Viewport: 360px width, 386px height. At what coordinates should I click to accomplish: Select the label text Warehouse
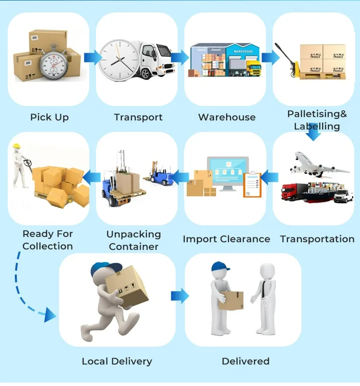click(227, 117)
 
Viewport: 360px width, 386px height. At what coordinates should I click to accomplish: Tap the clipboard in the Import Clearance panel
click(252, 184)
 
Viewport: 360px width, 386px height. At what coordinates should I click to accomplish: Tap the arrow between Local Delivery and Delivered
click(180, 296)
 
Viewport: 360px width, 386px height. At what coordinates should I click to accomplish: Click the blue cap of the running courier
click(103, 268)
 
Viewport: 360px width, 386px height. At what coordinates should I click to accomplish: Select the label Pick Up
click(49, 117)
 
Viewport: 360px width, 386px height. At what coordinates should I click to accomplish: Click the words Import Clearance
click(226, 239)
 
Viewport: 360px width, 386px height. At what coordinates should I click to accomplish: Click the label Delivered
click(245, 362)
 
